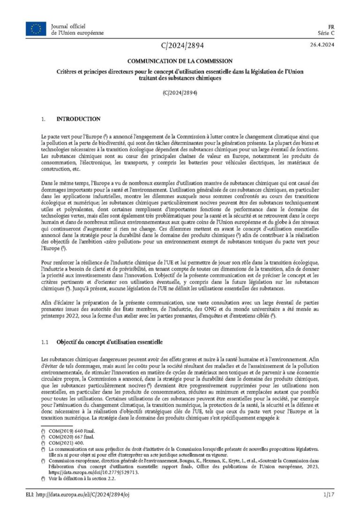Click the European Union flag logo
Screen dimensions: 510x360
click(x=36, y=29)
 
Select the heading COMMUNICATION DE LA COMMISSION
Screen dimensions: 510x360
click(x=180, y=61)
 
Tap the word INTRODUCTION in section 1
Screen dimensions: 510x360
click(x=78, y=119)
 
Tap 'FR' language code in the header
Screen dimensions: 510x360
click(x=330, y=27)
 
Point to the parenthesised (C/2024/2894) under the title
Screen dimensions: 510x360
click(x=180, y=92)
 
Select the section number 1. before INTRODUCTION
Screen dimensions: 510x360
click(x=44, y=119)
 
